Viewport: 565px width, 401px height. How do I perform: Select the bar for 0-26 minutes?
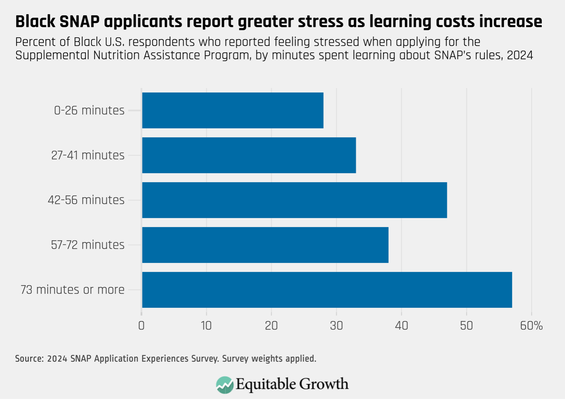233,110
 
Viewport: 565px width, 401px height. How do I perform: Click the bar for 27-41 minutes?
249,155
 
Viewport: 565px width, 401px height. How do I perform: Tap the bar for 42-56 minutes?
294,200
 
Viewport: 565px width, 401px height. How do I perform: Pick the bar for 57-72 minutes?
265,245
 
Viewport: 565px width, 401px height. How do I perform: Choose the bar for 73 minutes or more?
327,289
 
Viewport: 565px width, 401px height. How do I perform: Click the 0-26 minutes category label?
89,110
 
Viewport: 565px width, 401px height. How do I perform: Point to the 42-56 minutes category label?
86,200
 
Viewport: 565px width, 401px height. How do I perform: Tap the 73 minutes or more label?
72,289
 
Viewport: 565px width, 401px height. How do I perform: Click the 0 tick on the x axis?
141,325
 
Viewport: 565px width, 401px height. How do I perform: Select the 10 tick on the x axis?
206,325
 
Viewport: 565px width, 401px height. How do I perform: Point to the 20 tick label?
271,325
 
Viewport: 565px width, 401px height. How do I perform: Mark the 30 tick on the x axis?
336,325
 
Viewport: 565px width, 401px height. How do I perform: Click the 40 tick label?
401,325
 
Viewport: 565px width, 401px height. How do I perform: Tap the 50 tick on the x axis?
466,325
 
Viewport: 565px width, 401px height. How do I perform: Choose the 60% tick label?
531,325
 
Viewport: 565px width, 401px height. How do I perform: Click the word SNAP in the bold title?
80,21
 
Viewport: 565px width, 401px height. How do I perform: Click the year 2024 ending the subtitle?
520,55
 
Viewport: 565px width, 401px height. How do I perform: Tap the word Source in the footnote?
29,359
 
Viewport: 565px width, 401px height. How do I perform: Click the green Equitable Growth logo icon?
224,384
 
